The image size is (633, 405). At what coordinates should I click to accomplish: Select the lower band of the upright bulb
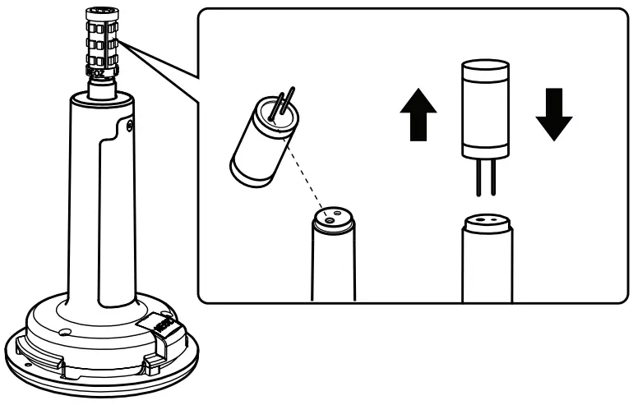click(x=485, y=145)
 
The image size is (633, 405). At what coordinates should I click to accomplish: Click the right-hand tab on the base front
click(x=152, y=361)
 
